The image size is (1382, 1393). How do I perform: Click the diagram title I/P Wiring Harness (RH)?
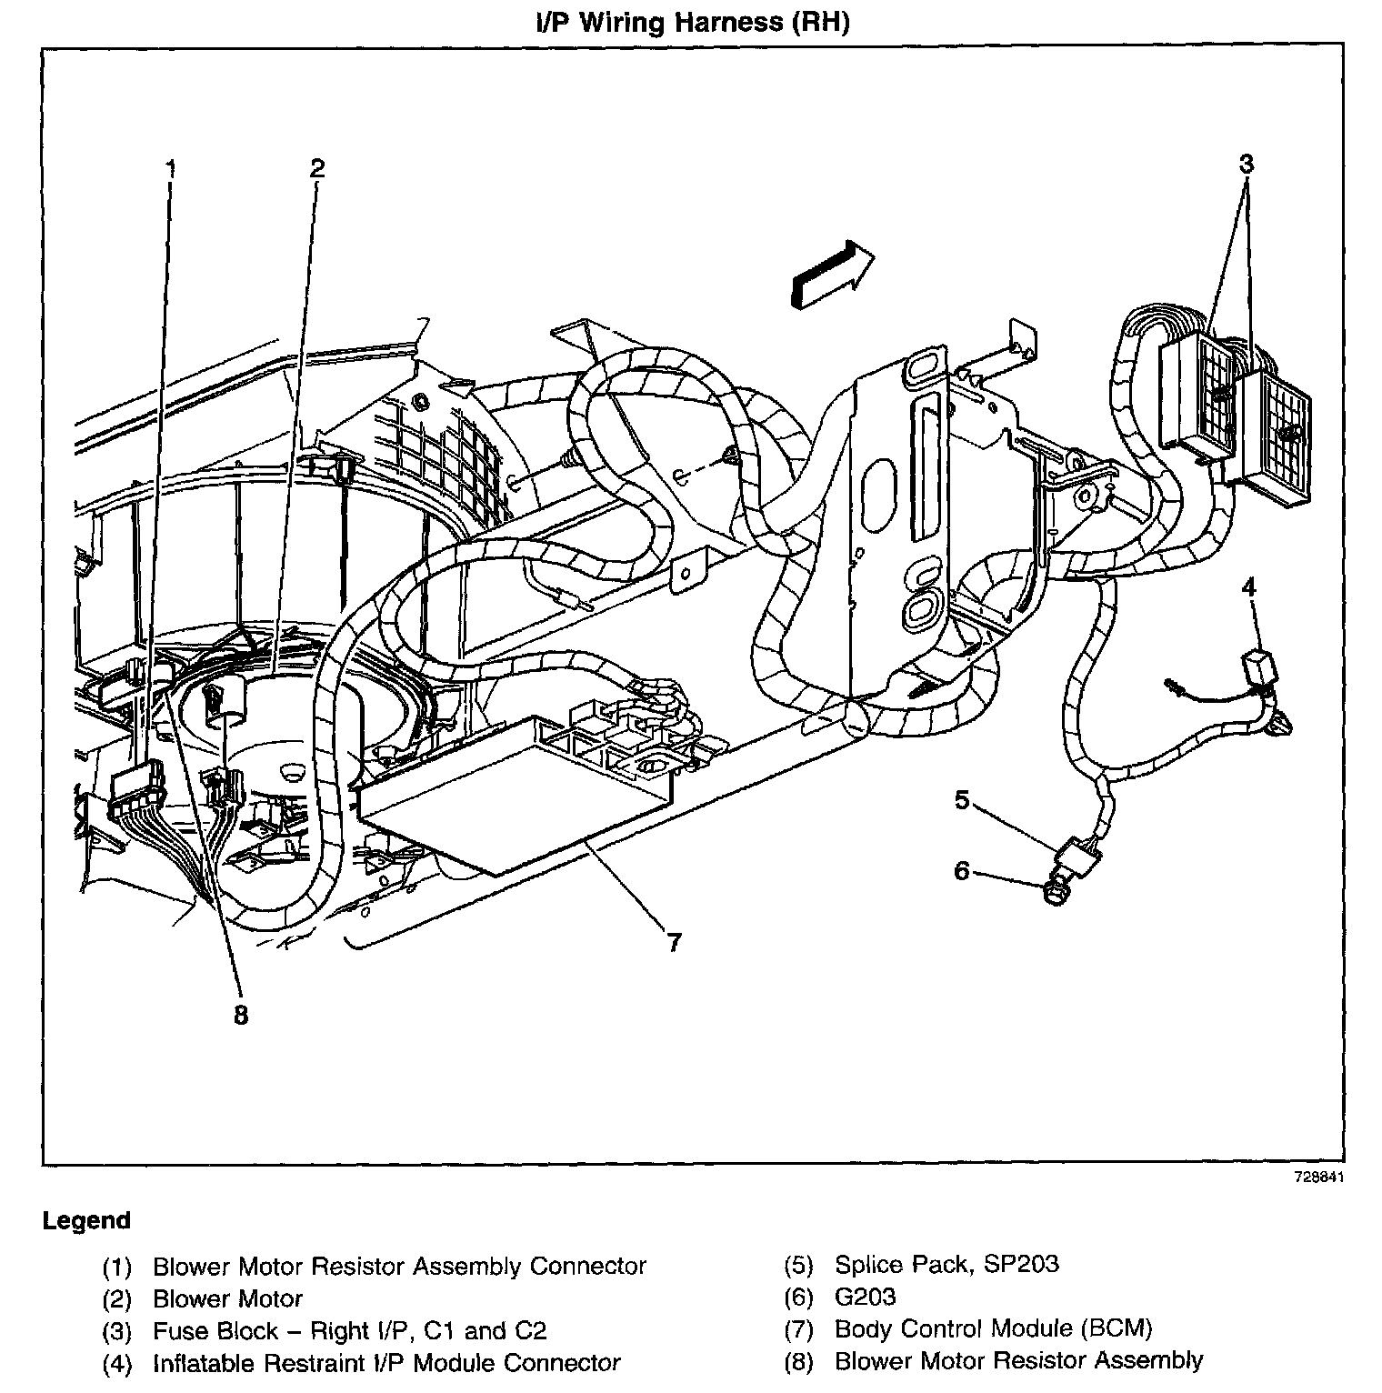(x=691, y=22)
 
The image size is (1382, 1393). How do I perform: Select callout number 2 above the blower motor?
(x=316, y=167)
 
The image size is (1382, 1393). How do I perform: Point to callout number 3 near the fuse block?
(x=1246, y=164)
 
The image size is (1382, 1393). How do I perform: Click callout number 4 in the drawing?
(x=1249, y=587)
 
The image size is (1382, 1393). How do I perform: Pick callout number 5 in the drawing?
(x=962, y=800)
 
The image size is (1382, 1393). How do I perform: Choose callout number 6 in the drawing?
(x=962, y=871)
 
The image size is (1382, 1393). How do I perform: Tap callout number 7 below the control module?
(x=674, y=943)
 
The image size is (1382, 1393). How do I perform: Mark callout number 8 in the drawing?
(x=240, y=1015)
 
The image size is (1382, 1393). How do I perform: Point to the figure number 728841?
(x=1318, y=1177)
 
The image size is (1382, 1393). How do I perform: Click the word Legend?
(x=86, y=1221)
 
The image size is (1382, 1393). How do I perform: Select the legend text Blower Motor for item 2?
(x=227, y=1298)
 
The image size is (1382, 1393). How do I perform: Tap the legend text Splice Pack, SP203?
(x=946, y=1265)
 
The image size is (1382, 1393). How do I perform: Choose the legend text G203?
(x=865, y=1298)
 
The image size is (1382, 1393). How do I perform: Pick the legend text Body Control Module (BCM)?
(x=993, y=1329)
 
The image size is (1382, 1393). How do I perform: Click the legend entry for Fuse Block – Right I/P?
(x=349, y=1331)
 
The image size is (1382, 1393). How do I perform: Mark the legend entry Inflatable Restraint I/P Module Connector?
(x=386, y=1364)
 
